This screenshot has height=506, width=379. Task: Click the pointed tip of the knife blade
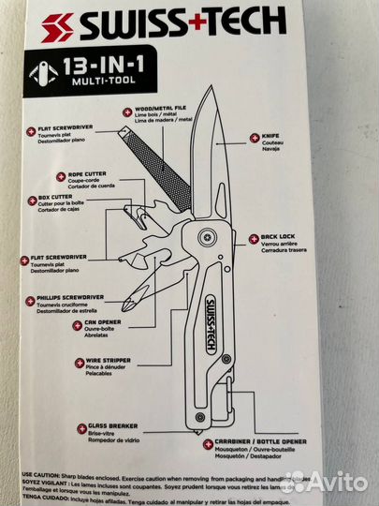212,104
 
